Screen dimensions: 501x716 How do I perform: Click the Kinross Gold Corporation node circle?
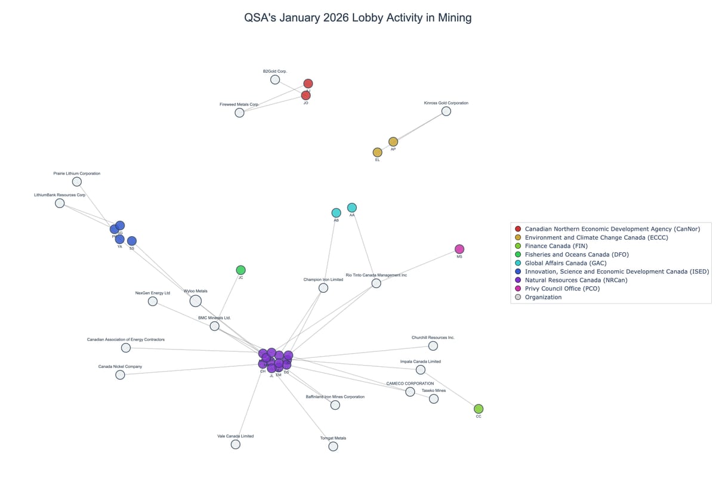446,111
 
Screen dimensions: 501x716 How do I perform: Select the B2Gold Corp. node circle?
275,79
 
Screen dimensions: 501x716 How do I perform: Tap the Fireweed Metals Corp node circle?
239,112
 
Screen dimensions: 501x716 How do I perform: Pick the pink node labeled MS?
459,249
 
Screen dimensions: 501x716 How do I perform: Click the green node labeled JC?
240,270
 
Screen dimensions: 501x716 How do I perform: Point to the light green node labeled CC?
479,409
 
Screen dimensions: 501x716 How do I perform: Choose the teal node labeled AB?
336,213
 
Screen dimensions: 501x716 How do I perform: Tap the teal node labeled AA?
352,208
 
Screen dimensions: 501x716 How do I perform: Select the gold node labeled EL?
377,152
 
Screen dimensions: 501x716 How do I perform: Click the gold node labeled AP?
393,141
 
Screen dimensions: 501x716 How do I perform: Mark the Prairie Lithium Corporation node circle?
77,181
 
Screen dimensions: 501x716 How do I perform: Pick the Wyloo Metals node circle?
196,301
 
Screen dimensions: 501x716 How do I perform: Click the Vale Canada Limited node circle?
236,444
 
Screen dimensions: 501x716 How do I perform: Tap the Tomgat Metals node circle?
333,446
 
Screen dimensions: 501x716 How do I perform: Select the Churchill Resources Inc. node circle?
433,346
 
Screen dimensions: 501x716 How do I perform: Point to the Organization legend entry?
543,297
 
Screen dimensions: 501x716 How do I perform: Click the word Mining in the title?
454,18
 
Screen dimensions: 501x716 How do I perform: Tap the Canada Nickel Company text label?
120,366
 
